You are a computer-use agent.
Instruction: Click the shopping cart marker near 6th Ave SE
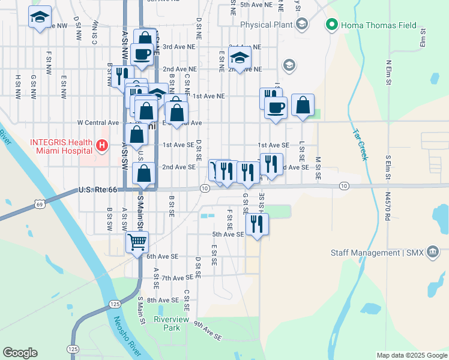click(x=137, y=242)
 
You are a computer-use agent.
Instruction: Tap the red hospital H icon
click(x=101, y=145)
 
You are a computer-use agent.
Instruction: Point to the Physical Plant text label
click(x=266, y=25)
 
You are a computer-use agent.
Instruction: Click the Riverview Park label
click(x=167, y=324)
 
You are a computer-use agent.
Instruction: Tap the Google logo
click(x=20, y=353)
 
